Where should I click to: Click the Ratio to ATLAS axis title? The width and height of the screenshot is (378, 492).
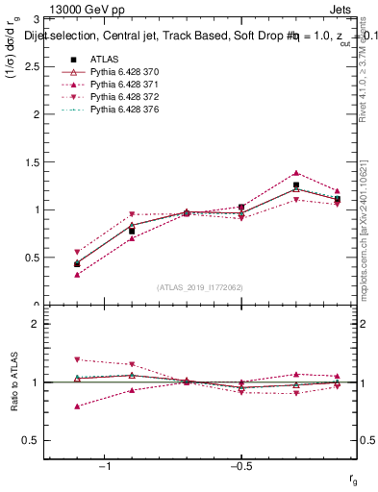coord(14,382)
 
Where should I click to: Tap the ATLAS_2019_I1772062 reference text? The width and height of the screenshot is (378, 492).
coord(200,287)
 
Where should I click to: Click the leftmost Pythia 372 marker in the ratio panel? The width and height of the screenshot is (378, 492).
coord(77,359)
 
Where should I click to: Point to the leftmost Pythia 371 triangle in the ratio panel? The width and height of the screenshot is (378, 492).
coord(77,406)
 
